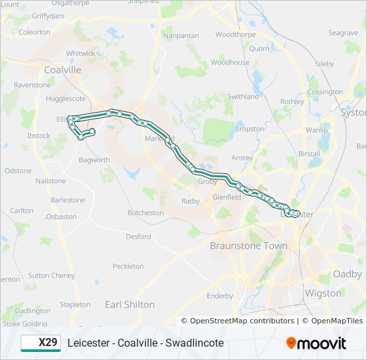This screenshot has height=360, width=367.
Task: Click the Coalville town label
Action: click(x=61, y=69)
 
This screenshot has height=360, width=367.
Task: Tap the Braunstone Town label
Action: click(x=249, y=246)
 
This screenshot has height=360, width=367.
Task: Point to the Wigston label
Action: click(x=322, y=293)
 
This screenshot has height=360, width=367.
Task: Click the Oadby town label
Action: click(x=347, y=274)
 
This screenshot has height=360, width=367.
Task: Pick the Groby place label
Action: click(x=208, y=181)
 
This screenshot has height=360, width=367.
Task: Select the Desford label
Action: click(x=138, y=236)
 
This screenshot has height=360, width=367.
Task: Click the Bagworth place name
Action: click(x=94, y=160)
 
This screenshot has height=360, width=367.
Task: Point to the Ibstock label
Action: click(x=39, y=135)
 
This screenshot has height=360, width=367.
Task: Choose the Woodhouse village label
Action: click(x=230, y=63)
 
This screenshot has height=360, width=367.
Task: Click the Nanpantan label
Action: click(x=181, y=35)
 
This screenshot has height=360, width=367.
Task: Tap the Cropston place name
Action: click(x=250, y=129)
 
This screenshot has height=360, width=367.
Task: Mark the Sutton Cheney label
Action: click(x=51, y=275)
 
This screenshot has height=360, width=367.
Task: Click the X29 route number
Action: click(x=47, y=343)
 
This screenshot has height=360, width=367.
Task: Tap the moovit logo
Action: click(x=316, y=343)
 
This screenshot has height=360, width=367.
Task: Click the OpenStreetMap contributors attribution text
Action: click(x=242, y=321)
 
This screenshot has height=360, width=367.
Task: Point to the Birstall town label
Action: click(x=310, y=153)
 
